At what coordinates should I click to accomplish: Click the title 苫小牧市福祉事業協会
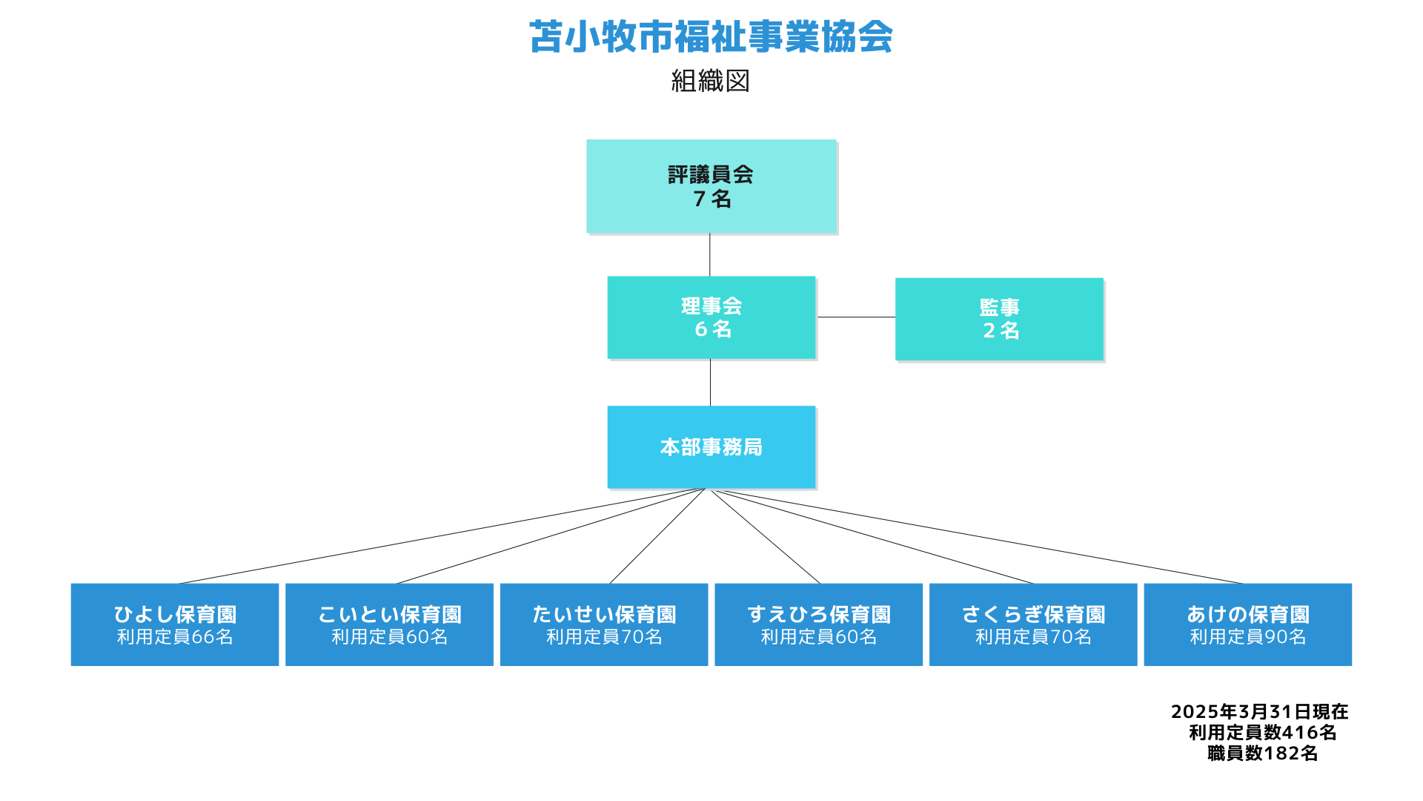coord(711,37)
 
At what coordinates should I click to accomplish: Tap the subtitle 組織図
coord(711,81)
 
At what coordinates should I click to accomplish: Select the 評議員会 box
coord(711,186)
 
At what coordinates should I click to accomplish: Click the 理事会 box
coord(711,317)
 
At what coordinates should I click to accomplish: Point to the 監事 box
coord(999,319)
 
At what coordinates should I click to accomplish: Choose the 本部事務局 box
coord(711,447)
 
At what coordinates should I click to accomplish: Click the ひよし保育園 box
coord(175,624)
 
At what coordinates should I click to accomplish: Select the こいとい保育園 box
coord(389,624)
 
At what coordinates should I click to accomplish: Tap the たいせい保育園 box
coord(604,624)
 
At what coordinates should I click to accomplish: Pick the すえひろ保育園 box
coord(818,624)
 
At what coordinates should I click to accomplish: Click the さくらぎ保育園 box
coord(1033,624)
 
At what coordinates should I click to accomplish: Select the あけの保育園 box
coord(1248,624)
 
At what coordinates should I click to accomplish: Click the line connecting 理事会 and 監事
coord(856,317)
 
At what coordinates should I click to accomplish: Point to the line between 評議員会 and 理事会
coord(710,255)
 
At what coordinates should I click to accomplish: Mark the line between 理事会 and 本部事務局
coord(710,383)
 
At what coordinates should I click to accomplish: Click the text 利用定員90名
coord(1248,637)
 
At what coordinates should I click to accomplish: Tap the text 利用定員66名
coord(175,637)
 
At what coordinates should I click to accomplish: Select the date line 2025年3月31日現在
coord(1259,712)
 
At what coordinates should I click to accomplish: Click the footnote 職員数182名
coord(1262,754)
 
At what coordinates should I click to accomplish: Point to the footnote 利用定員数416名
coord(1262,733)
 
